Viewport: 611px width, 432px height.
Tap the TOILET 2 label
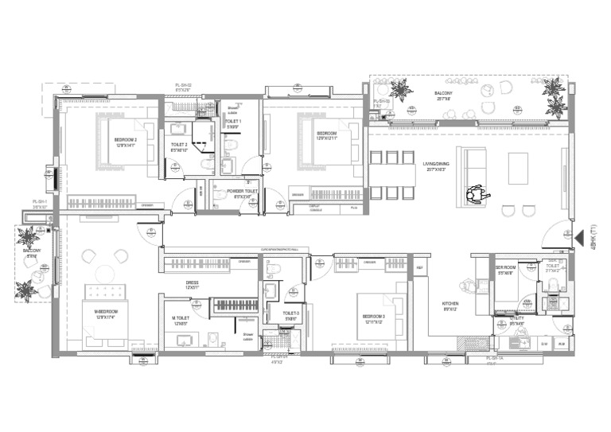point(179,145)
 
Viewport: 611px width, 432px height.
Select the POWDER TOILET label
point(240,191)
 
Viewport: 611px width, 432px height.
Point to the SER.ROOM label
point(507,268)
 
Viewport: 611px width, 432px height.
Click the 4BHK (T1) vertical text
point(595,237)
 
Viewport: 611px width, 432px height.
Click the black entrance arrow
point(579,236)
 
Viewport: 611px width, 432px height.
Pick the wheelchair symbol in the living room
point(477,193)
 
